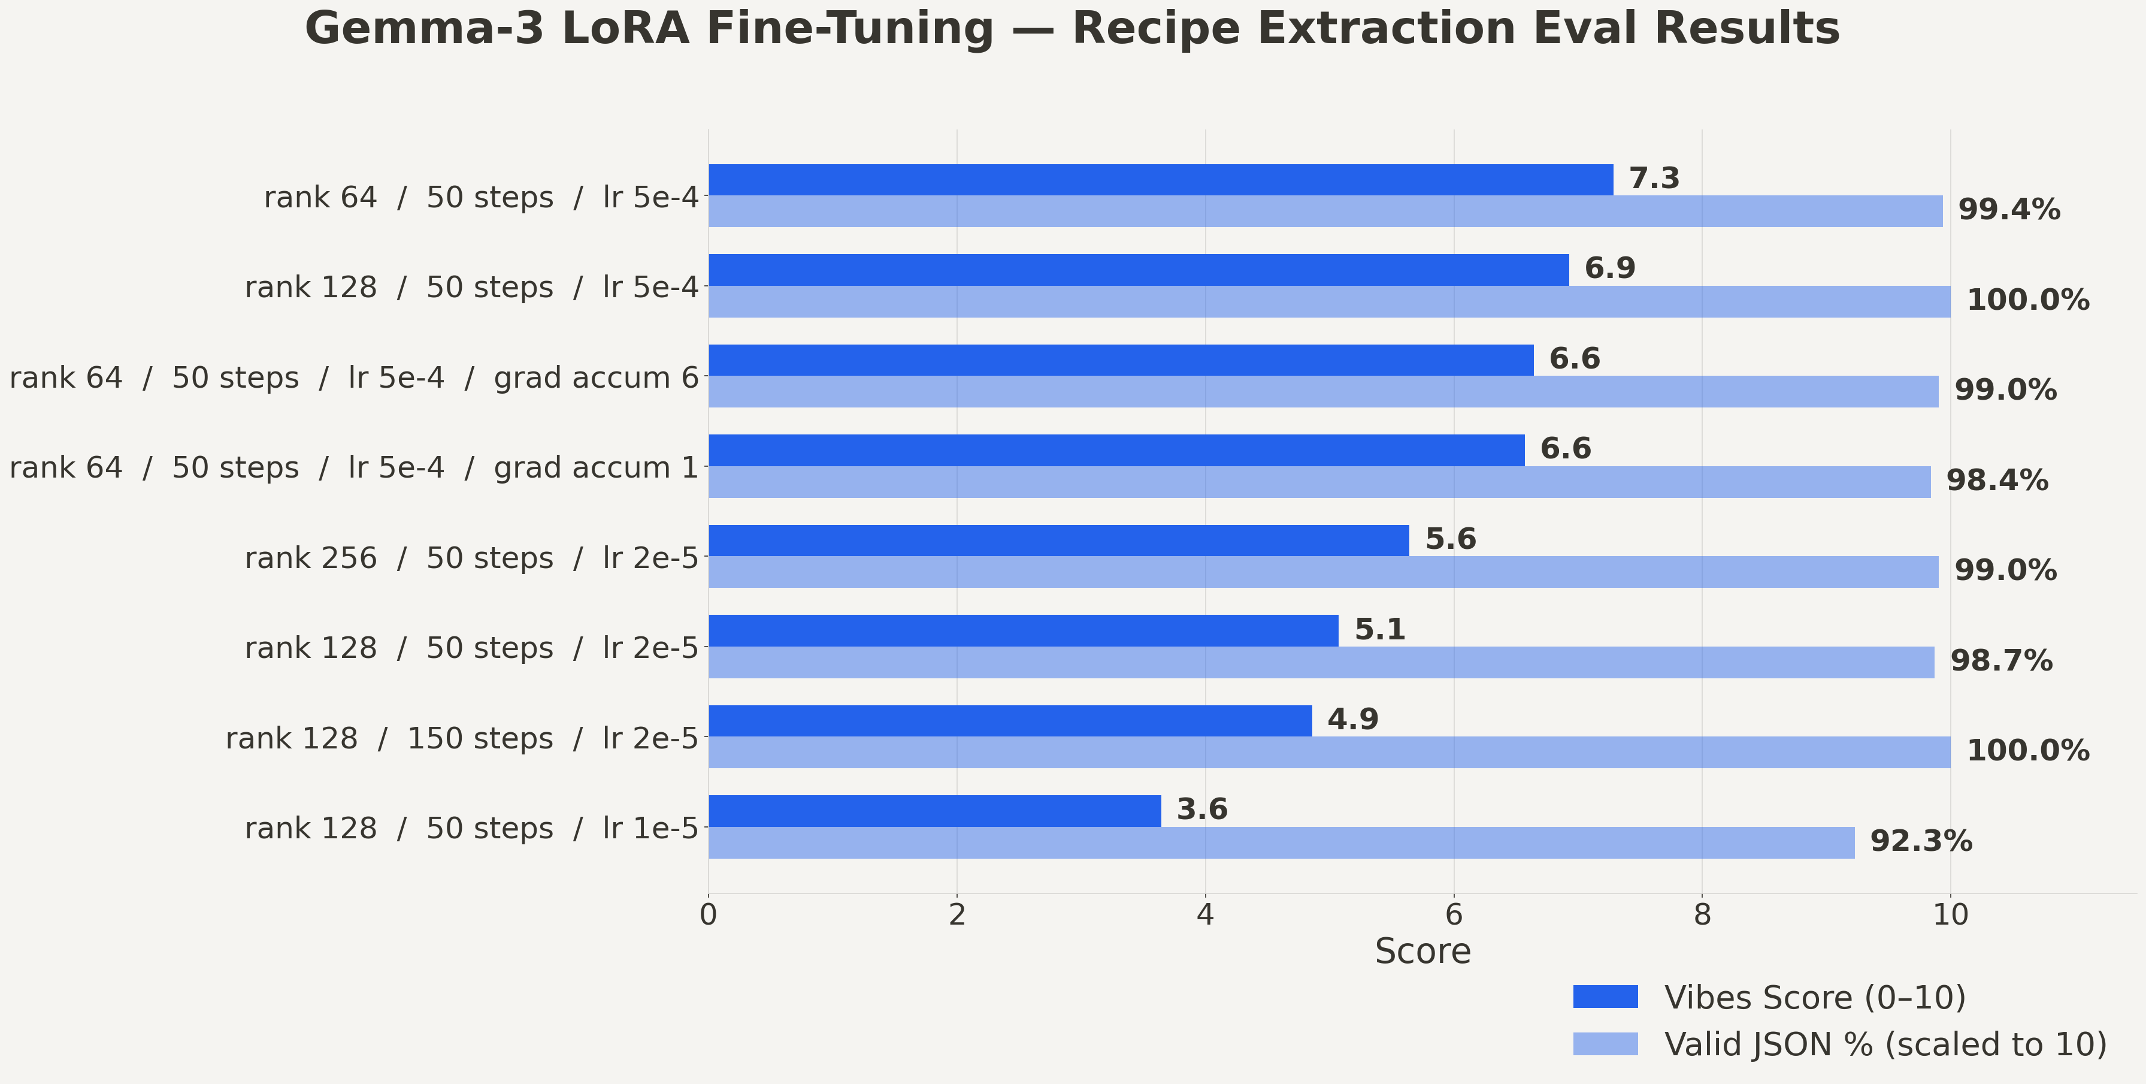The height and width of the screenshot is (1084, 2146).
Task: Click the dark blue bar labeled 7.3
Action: (x=1161, y=180)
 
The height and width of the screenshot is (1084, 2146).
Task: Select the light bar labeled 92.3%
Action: (x=1281, y=843)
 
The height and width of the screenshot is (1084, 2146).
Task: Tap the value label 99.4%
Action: (x=2008, y=209)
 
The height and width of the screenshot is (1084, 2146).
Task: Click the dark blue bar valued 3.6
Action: (x=935, y=811)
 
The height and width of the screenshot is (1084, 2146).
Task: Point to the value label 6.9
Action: (x=1609, y=268)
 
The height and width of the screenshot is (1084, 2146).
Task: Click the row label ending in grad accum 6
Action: (x=354, y=378)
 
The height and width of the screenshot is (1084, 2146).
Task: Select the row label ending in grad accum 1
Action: (x=354, y=468)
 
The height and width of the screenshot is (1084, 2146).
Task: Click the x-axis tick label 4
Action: (x=1204, y=915)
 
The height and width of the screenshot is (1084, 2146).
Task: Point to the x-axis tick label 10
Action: (x=1950, y=915)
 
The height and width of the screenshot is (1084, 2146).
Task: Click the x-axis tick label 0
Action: (x=708, y=915)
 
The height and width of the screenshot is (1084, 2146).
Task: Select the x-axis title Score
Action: (x=1422, y=952)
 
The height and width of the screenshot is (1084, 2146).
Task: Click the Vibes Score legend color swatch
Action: (x=1605, y=997)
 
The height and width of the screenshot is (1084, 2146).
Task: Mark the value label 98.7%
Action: (x=2001, y=662)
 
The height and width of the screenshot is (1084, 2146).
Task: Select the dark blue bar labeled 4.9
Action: (x=1010, y=721)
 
